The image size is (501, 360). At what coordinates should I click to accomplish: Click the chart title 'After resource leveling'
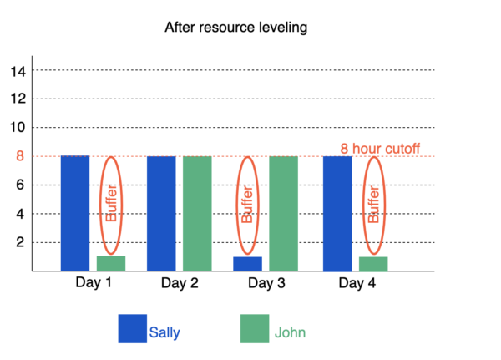tap(236, 28)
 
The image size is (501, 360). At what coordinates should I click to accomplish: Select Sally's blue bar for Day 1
tap(75, 213)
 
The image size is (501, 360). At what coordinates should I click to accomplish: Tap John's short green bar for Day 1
tap(111, 263)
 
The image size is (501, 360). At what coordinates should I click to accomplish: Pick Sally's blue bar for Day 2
tap(161, 213)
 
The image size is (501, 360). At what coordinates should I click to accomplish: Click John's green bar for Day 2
tap(197, 213)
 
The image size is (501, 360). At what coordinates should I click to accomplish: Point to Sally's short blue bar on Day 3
tap(247, 263)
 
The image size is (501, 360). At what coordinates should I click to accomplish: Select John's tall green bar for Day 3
tap(283, 213)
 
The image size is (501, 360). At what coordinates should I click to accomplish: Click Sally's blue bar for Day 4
tap(337, 213)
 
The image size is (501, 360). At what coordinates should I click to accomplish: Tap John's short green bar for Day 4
tap(373, 263)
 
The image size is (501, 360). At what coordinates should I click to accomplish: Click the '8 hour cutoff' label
tap(379, 150)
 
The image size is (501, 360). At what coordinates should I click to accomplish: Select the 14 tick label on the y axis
tap(18, 71)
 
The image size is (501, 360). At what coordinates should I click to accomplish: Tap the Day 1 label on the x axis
tap(94, 283)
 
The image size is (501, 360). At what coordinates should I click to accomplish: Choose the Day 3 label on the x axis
tap(266, 283)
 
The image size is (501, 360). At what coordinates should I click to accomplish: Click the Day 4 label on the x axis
tap(356, 283)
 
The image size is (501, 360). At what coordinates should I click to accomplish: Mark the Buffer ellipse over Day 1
tap(111, 205)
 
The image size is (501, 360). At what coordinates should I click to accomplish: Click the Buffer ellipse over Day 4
tap(373, 205)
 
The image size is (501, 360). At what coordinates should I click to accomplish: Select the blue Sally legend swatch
tap(132, 329)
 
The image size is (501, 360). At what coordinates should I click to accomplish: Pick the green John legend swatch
tap(255, 329)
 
